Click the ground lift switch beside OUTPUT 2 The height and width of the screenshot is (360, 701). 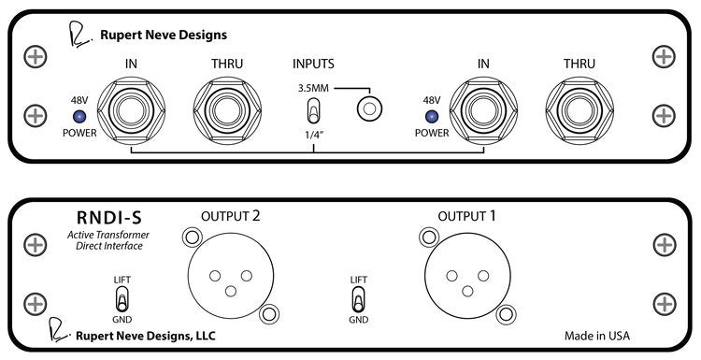coord(121,300)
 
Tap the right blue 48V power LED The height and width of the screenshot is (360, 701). coord(431,117)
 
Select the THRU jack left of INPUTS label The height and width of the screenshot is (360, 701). coord(227,110)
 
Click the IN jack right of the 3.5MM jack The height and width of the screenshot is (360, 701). coord(482,110)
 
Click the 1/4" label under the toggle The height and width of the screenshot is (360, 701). coord(313,137)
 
